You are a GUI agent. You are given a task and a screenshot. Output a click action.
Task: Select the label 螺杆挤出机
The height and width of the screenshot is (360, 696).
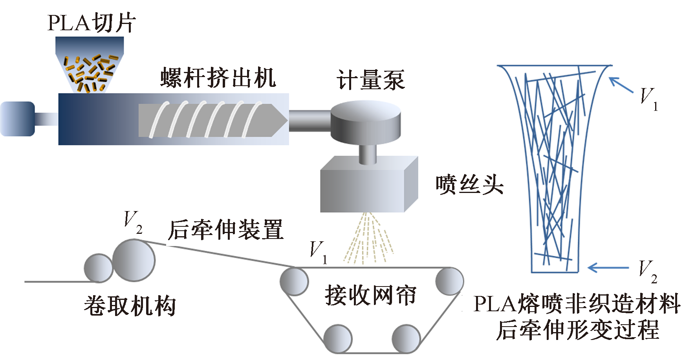[218, 77]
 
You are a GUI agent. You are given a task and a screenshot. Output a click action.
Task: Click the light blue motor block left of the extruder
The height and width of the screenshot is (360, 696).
[18, 119]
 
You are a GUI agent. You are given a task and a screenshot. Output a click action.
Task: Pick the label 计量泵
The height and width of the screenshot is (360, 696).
[370, 80]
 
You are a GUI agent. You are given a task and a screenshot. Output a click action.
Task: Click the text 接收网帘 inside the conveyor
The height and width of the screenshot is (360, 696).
[370, 296]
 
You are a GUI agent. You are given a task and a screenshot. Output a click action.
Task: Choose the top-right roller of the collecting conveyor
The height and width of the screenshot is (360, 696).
[449, 281]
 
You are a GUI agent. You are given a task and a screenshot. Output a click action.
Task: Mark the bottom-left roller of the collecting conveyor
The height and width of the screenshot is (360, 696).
[338, 338]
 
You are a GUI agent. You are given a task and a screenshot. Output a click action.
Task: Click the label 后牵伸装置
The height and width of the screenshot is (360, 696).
[225, 230]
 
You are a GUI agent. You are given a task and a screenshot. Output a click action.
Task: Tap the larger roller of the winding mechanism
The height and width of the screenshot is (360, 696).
[134, 260]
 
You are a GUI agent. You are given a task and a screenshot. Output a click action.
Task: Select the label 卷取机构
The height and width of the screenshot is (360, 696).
[130, 306]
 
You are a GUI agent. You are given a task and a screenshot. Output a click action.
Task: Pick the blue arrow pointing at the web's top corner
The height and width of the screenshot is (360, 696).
[621, 85]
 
